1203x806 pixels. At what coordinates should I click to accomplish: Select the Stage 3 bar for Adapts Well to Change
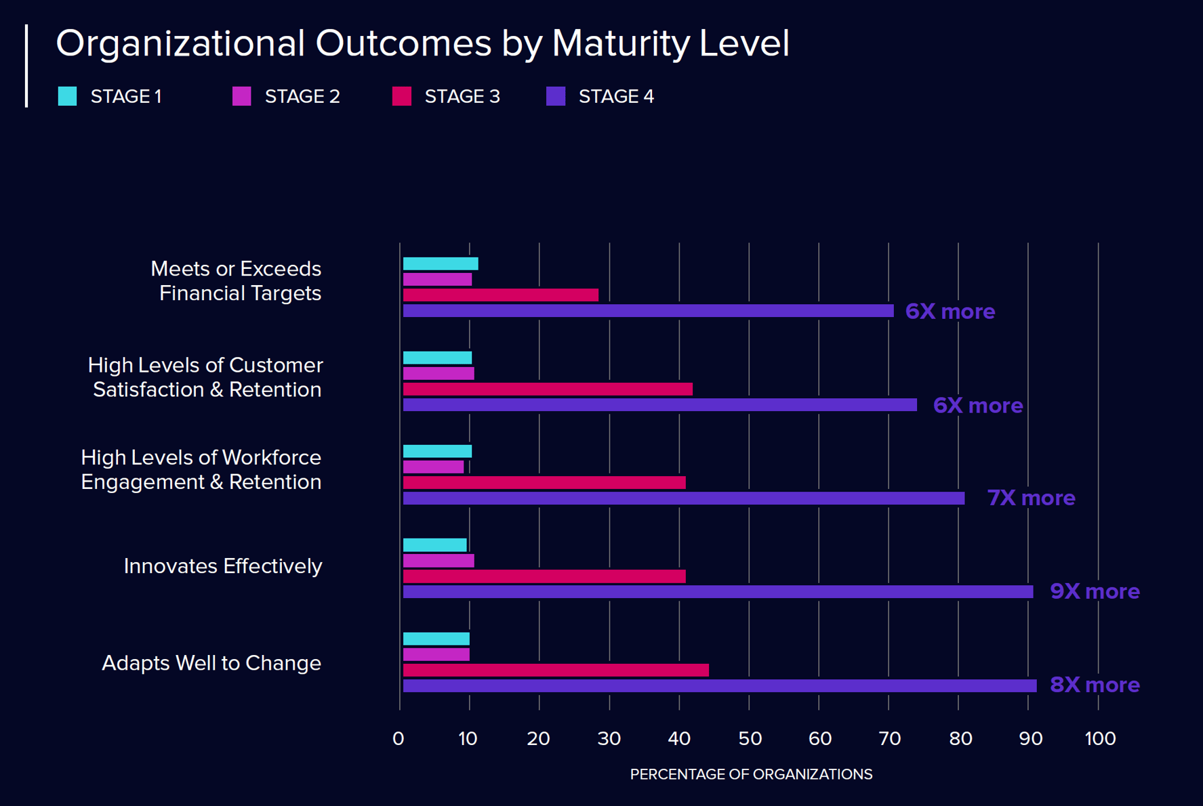click(x=556, y=671)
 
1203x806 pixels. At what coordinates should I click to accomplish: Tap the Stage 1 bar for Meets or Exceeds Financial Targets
click(x=441, y=263)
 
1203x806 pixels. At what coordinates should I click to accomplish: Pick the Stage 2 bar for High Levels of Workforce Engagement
click(x=433, y=467)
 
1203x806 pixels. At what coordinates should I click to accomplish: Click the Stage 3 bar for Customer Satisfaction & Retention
click(x=548, y=389)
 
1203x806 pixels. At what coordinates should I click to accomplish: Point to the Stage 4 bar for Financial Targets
click(x=648, y=311)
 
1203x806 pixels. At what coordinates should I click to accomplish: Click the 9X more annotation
click(x=1095, y=591)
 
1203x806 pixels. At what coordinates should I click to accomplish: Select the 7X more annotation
click(x=1031, y=498)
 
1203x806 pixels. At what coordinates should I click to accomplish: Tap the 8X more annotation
click(x=1095, y=685)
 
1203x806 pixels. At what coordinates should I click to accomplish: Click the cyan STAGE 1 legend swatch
click(x=67, y=96)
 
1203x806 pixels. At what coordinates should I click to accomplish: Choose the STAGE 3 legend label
click(x=462, y=96)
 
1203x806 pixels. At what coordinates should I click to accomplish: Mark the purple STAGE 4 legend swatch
click(x=556, y=96)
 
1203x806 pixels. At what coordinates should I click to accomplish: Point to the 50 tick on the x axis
click(x=750, y=738)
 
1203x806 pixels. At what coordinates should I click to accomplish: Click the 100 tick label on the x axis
click(x=1099, y=738)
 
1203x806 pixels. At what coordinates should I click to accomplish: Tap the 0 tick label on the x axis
click(x=399, y=738)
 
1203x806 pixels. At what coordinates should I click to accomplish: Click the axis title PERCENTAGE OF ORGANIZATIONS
click(x=751, y=774)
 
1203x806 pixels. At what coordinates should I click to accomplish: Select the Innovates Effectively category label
click(x=222, y=566)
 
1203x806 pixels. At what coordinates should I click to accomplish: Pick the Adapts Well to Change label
click(x=211, y=662)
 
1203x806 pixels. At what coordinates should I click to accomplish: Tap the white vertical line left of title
click(x=26, y=66)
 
